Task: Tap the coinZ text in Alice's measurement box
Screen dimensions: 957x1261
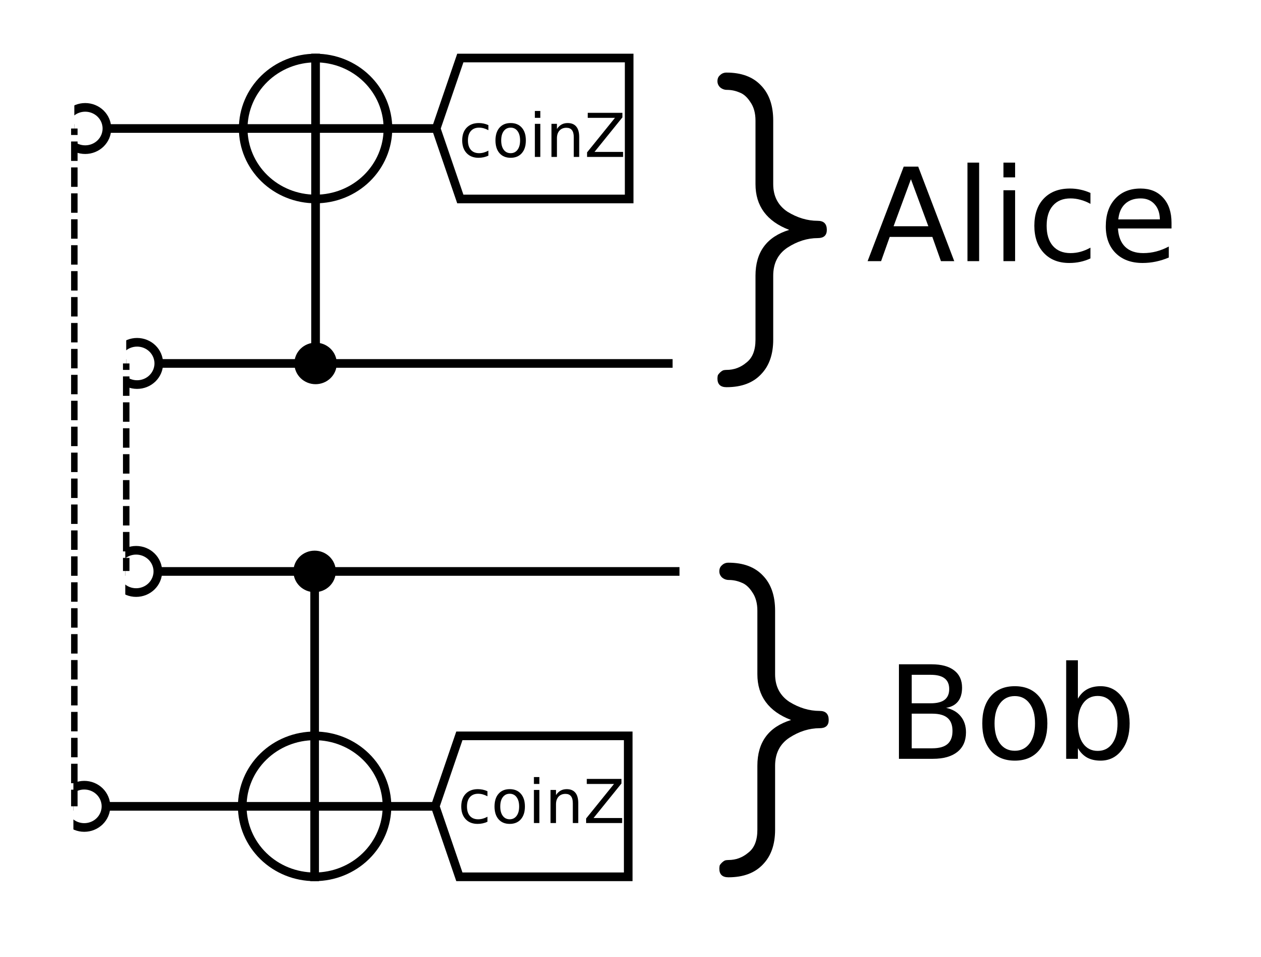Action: click(x=542, y=135)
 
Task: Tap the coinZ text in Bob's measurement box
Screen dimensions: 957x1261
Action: click(x=541, y=802)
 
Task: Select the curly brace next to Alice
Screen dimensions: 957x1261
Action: click(x=770, y=229)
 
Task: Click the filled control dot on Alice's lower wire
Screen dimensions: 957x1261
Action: click(x=315, y=364)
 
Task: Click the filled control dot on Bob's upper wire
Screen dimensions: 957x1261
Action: click(x=315, y=571)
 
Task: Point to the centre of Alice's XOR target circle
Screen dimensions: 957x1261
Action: click(x=316, y=128)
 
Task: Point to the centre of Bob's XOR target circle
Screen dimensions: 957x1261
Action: click(x=315, y=806)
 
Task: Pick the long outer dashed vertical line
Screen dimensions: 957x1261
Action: click(x=74, y=467)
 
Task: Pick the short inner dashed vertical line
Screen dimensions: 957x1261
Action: click(x=126, y=467)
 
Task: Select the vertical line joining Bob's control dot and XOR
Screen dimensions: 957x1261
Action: click(x=315, y=661)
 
